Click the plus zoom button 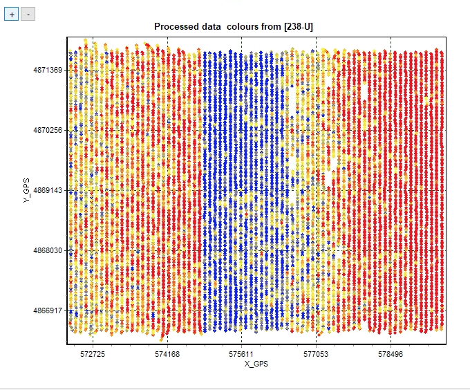pyautogui.click(x=11, y=15)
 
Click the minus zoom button pyautogui.click(x=28, y=15)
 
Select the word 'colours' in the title pyautogui.click(x=243, y=26)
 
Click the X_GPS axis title pyautogui.click(x=256, y=364)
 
